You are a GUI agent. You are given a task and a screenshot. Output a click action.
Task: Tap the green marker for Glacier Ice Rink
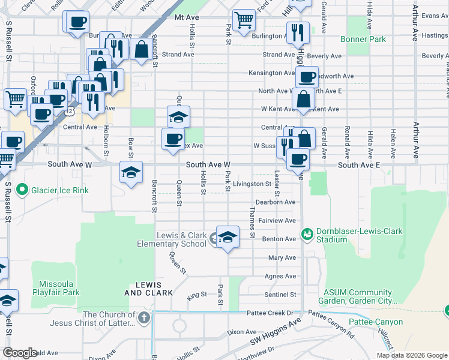pyautogui.click(x=23, y=190)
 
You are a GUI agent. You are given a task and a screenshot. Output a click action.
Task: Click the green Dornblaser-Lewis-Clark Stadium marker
pyautogui.click(x=307, y=233)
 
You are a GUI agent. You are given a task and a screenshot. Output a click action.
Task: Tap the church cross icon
pyautogui.click(x=143, y=317)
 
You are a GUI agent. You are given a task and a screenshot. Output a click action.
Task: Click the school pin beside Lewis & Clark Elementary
pyautogui.click(x=228, y=237)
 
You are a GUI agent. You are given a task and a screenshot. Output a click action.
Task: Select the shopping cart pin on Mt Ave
pyautogui.click(x=243, y=20)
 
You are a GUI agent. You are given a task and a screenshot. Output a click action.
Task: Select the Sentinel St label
pyautogui.click(x=281, y=295)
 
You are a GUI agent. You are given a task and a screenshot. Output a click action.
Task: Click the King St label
pyautogui.click(x=196, y=295)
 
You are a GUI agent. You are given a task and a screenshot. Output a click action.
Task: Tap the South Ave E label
pyautogui.click(x=358, y=164)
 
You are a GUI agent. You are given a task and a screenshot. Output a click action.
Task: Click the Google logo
pyautogui.click(x=20, y=353)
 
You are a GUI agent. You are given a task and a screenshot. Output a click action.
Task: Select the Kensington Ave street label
pyautogui.click(x=272, y=73)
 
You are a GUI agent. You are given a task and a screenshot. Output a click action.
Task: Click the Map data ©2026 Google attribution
pyautogui.click(x=412, y=355)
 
